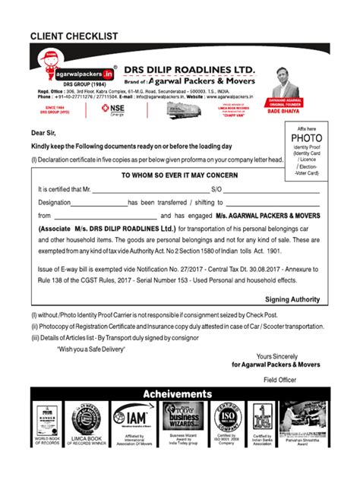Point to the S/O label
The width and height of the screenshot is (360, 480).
216,189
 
